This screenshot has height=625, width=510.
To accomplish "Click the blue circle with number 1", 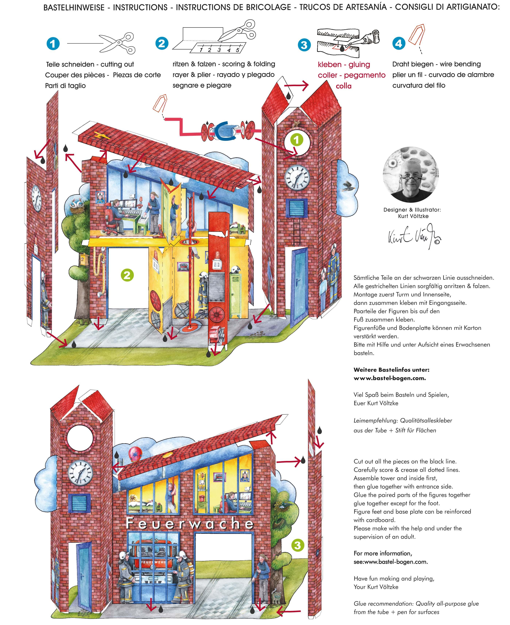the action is tap(53, 44).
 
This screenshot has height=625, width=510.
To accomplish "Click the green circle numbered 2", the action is tap(127, 275).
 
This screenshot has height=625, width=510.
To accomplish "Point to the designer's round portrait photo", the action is tap(411, 174).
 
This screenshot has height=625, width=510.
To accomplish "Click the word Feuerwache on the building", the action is tap(190, 523).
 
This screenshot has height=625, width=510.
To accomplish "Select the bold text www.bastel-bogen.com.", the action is tap(390, 378).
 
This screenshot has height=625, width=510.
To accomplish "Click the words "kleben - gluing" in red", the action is tap(344, 64).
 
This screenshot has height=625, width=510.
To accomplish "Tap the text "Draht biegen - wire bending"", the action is tap(436, 64).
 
